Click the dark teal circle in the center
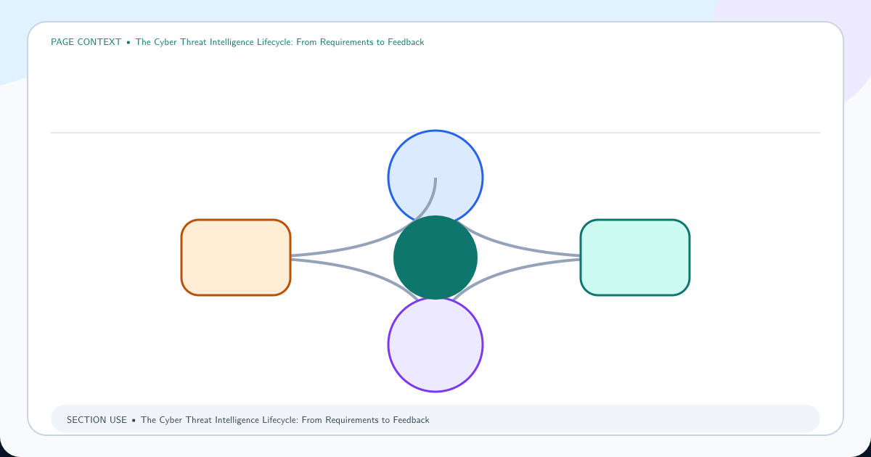pos(435,258)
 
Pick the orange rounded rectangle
pos(236,258)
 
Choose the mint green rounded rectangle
pos(635,258)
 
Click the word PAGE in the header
pos(62,42)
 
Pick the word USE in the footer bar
pos(118,420)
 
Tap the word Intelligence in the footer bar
pos(235,420)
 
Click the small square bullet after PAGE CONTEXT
pos(128,42)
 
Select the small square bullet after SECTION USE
pos(134,421)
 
